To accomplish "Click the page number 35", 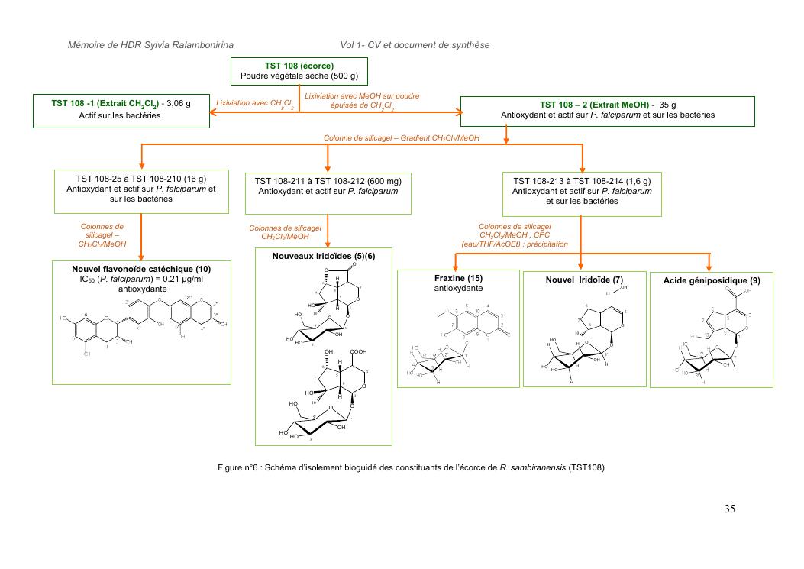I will pyautogui.click(x=729, y=509).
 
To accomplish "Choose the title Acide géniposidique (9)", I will pyautogui.click(x=709, y=281).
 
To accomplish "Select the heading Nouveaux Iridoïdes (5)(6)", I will pyautogui.click(x=324, y=256).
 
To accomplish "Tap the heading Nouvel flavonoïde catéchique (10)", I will pyautogui.click(x=141, y=269).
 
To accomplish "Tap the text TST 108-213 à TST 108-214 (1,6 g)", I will pyautogui.click(x=582, y=181).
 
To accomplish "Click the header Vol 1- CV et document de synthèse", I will pyautogui.click(x=415, y=46).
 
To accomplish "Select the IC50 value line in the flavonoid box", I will pyautogui.click(x=141, y=279).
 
